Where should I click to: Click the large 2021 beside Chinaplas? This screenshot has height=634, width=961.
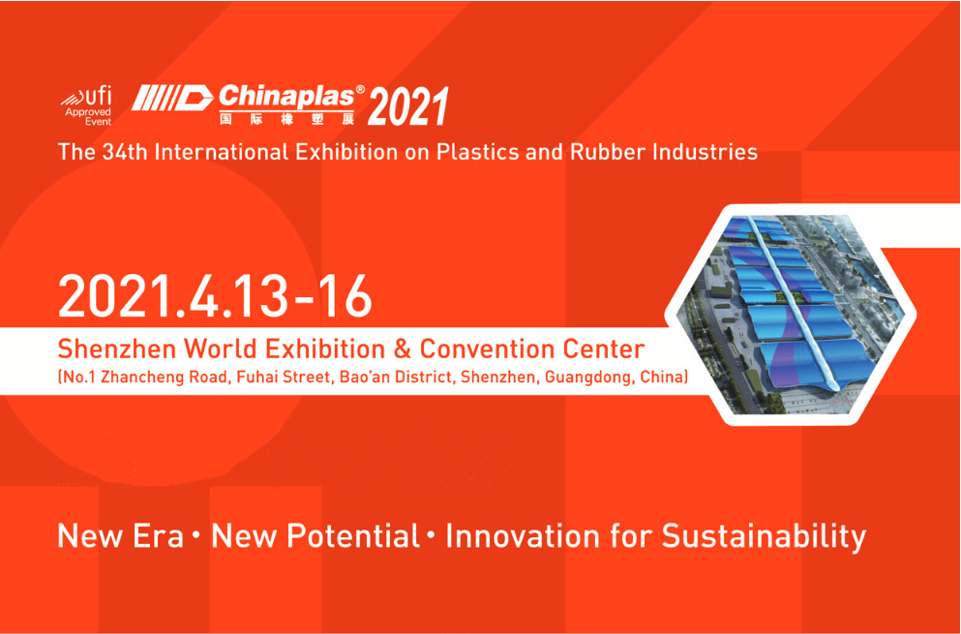point(408,106)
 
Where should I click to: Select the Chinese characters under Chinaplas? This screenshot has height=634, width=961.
point(286,118)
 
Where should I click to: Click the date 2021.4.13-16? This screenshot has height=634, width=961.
point(215,296)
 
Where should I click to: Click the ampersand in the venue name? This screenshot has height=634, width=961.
point(402,348)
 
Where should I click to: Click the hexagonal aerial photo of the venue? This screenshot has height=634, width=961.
point(791,316)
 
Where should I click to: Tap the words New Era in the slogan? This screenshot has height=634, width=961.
point(120,536)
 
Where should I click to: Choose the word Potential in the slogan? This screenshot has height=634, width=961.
point(353,536)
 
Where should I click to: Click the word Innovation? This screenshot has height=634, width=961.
point(523,536)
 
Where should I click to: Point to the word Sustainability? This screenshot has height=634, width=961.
point(763,537)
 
